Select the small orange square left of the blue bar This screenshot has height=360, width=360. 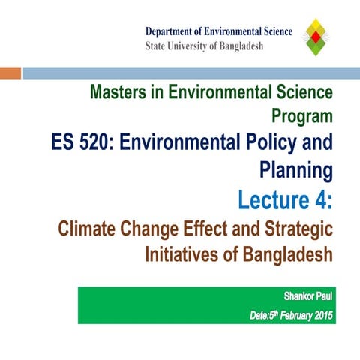tap(10, 73)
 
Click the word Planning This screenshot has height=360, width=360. tap(295, 171)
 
